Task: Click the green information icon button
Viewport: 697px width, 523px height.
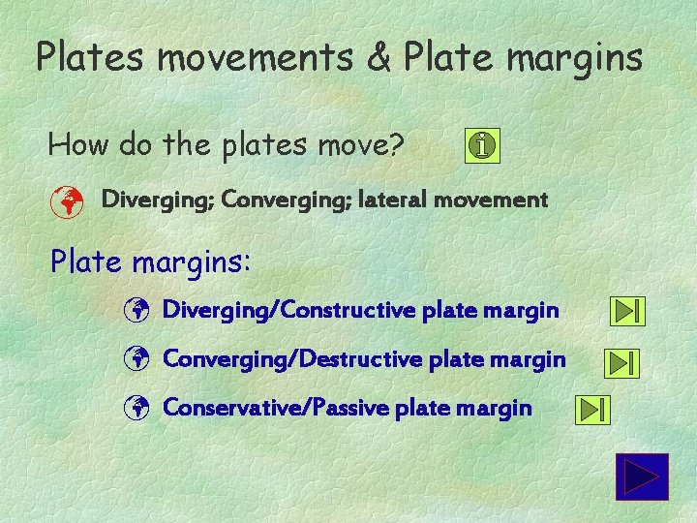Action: pos(483,146)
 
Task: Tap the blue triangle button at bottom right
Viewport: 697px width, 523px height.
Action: pos(642,477)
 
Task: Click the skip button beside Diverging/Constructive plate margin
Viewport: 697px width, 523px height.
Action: pos(627,312)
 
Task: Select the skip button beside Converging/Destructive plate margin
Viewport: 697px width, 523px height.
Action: pos(621,362)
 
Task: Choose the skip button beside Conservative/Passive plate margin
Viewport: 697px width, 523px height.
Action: pos(592,410)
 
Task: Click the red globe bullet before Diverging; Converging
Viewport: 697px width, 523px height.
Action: pos(65,201)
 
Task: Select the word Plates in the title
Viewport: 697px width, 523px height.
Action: pos(89,58)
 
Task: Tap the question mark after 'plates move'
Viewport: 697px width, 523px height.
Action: pos(395,145)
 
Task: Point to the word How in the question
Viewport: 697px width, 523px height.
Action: pos(79,145)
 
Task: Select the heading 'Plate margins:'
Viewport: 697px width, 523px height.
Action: pos(150,261)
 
